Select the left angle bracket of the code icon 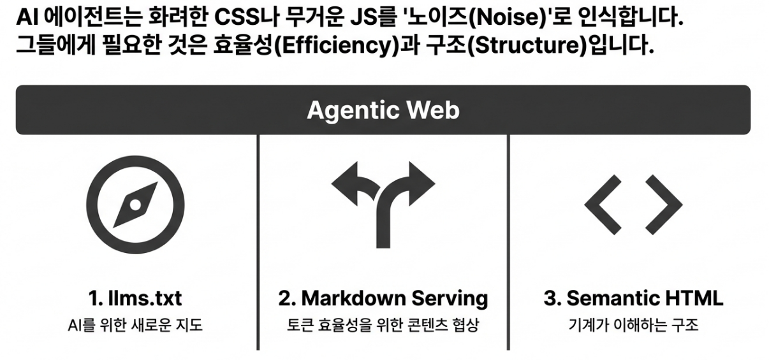click(x=603, y=204)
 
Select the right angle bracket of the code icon click(x=664, y=204)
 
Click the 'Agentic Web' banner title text click(x=383, y=110)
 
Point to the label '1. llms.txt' click(x=135, y=298)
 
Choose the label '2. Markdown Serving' click(x=383, y=298)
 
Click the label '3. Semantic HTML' click(x=633, y=298)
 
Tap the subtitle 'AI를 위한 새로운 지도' click(x=135, y=326)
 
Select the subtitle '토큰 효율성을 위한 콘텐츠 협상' click(x=383, y=326)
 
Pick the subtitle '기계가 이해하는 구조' click(x=633, y=326)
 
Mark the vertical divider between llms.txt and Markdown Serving click(x=258, y=242)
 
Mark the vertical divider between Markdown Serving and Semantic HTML click(x=508, y=242)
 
